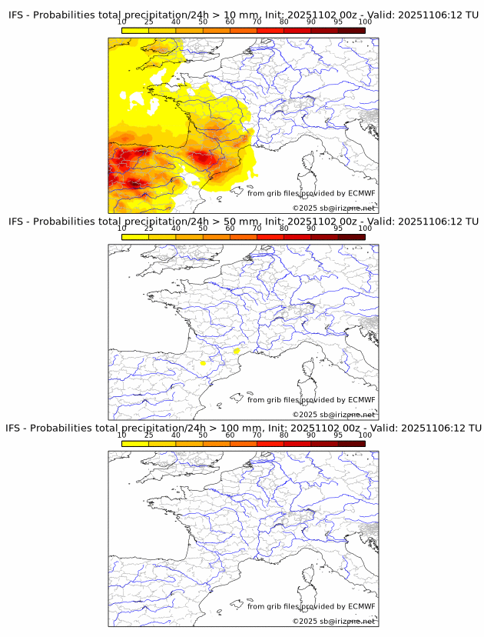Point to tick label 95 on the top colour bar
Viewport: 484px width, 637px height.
point(338,22)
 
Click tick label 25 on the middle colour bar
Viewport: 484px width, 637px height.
point(149,228)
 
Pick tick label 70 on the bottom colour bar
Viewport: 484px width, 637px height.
point(257,435)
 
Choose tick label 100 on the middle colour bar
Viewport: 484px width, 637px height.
point(365,228)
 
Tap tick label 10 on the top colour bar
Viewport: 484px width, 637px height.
point(122,22)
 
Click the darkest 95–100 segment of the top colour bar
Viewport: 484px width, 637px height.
point(351,30)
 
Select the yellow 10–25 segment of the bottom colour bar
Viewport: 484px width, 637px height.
point(135,443)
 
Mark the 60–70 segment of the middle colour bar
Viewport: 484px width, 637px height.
point(243,237)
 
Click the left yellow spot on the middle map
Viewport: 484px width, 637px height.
point(203,362)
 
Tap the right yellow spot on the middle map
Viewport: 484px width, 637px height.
point(237,351)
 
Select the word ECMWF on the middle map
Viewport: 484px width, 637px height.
point(361,400)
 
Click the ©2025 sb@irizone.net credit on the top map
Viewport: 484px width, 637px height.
point(333,208)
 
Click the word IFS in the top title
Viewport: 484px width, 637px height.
point(16,15)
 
